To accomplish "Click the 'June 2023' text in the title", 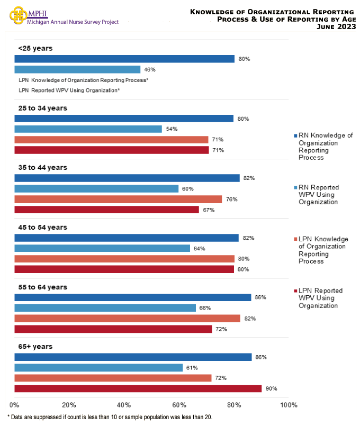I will [x=335, y=26].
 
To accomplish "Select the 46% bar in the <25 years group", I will [x=77, y=69].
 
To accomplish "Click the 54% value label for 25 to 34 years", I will [x=172, y=129].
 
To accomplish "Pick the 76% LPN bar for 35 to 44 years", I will [x=118, y=200].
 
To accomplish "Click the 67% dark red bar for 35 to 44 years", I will [x=106, y=210].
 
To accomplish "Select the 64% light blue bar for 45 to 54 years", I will [x=102, y=248].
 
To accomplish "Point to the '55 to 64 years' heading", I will [x=43, y=287].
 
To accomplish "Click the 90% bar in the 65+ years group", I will [x=138, y=389].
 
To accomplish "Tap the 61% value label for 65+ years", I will [x=192, y=368].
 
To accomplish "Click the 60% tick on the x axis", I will [x=179, y=405].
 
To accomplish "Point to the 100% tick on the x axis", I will [x=289, y=405].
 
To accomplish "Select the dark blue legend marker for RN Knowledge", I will [x=295, y=136].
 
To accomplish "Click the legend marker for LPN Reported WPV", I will [x=295, y=291].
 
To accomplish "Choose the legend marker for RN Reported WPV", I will [x=295, y=188].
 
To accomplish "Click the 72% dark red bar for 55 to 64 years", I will [x=113, y=329].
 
